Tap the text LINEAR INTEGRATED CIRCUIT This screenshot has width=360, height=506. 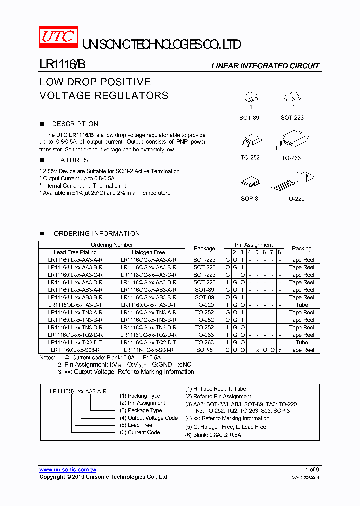point(265,66)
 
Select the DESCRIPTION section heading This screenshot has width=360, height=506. point(75,124)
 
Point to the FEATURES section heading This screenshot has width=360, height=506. point(70,160)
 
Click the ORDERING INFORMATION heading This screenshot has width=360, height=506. point(96,233)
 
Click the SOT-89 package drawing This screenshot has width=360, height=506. point(249,98)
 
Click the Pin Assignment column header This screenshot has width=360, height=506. point(254,245)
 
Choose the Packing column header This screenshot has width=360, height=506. point(302,248)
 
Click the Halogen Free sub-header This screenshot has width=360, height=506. point(148,252)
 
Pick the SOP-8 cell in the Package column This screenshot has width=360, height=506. point(204,350)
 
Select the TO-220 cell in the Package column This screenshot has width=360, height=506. point(204,305)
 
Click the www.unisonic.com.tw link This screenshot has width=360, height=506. point(68,470)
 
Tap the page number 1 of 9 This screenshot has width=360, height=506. point(312,470)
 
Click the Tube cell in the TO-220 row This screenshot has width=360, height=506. point(302,305)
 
